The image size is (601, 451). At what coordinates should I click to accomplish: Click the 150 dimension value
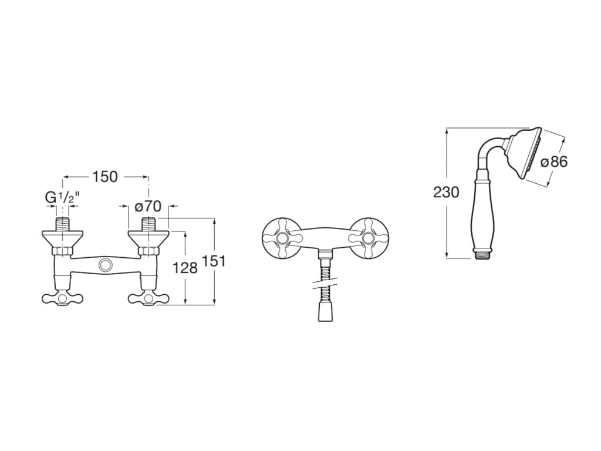click(104, 177)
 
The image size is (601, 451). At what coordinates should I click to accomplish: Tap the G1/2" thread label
click(62, 197)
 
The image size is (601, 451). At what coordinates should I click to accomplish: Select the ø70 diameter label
click(148, 207)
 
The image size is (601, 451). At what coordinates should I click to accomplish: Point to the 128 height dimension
click(185, 268)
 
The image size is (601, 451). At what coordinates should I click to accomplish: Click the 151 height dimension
click(213, 261)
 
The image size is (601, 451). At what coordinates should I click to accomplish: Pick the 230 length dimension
click(446, 192)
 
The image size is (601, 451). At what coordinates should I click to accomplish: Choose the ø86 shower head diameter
click(554, 162)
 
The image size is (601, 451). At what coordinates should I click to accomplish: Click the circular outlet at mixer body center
click(104, 265)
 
